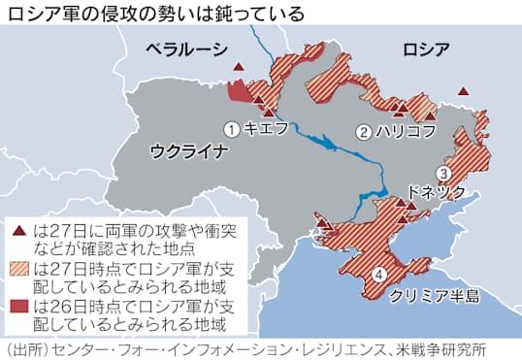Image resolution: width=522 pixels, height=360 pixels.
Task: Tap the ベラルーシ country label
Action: click(186, 49)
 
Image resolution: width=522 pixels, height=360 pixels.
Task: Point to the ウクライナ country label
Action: click(188, 150)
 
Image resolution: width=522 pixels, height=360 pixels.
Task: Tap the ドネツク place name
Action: click(439, 191)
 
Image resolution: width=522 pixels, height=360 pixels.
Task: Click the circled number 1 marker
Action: click(231, 128)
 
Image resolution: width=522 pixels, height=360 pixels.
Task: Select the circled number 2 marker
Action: click(364, 131)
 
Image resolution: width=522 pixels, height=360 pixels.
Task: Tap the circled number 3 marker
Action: click(442, 173)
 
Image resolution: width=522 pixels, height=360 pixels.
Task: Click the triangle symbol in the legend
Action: click(18, 232)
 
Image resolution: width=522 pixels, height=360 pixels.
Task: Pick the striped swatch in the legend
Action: click(19, 268)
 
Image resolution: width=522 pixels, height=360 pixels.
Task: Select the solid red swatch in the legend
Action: click(19, 306)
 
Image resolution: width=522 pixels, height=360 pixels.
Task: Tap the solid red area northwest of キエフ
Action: click(237, 91)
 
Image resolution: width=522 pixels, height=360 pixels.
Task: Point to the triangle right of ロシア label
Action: click(463, 90)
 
